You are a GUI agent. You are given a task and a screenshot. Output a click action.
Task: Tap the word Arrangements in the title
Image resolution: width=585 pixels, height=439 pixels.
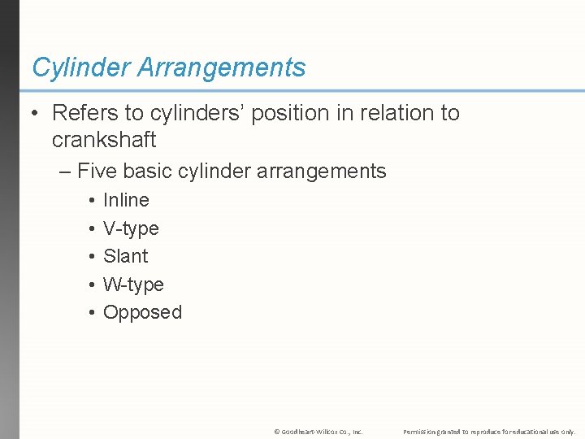pos(222,67)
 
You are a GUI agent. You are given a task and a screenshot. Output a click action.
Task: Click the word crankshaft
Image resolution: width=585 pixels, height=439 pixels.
pos(103,140)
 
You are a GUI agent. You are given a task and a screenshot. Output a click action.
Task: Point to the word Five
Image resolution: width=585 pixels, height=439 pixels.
pos(98,172)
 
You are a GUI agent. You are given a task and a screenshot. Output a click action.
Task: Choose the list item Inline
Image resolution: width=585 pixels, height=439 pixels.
pos(126,200)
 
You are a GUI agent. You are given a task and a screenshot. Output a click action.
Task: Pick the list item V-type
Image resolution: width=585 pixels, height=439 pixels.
pos(131,228)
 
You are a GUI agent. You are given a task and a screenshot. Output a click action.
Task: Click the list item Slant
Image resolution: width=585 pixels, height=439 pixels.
pos(125,256)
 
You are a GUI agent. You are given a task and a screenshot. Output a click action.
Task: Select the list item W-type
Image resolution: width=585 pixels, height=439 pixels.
pos(133,285)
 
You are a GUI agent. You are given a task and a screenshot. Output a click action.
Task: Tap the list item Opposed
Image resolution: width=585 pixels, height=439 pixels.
pos(142,312)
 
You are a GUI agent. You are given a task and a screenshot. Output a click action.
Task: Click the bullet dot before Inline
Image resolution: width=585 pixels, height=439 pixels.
pos(91,201)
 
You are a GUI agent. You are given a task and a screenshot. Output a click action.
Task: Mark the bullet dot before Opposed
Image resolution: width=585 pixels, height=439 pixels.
pos(91,313)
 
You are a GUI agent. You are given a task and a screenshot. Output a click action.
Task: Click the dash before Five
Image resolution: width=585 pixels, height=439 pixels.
pos(66,172)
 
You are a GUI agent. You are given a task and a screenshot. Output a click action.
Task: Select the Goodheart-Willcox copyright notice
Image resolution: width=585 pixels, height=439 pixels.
pos(318,432)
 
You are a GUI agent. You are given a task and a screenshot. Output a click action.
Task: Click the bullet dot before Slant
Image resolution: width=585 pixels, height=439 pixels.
pos(91,257)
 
